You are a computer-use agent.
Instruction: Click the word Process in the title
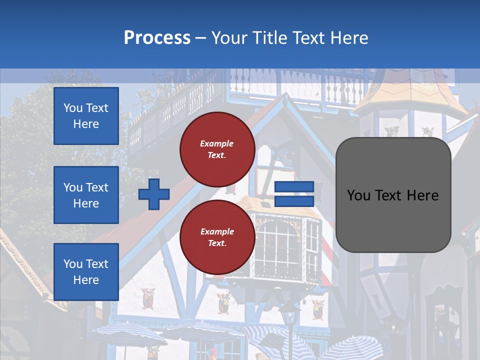coord(157,38)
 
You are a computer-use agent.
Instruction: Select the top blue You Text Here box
coord(86,116)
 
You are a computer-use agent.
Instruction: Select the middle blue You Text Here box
coord(86,195)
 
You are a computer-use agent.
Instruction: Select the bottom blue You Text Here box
coord(86,272)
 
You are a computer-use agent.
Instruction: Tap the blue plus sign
coord(154,194)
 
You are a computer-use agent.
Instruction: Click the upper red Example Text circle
coord(217,149)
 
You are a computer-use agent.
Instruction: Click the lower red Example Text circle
coord(217,237)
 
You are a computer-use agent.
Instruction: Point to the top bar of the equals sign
coord(294,186)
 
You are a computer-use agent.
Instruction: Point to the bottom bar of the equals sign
coord(294,201)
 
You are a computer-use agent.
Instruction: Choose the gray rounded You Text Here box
coord(393,195)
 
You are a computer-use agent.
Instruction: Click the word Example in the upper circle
coord(217,143)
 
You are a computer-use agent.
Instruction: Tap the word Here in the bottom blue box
coord(86,280)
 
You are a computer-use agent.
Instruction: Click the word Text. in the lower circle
coord(217,243)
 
